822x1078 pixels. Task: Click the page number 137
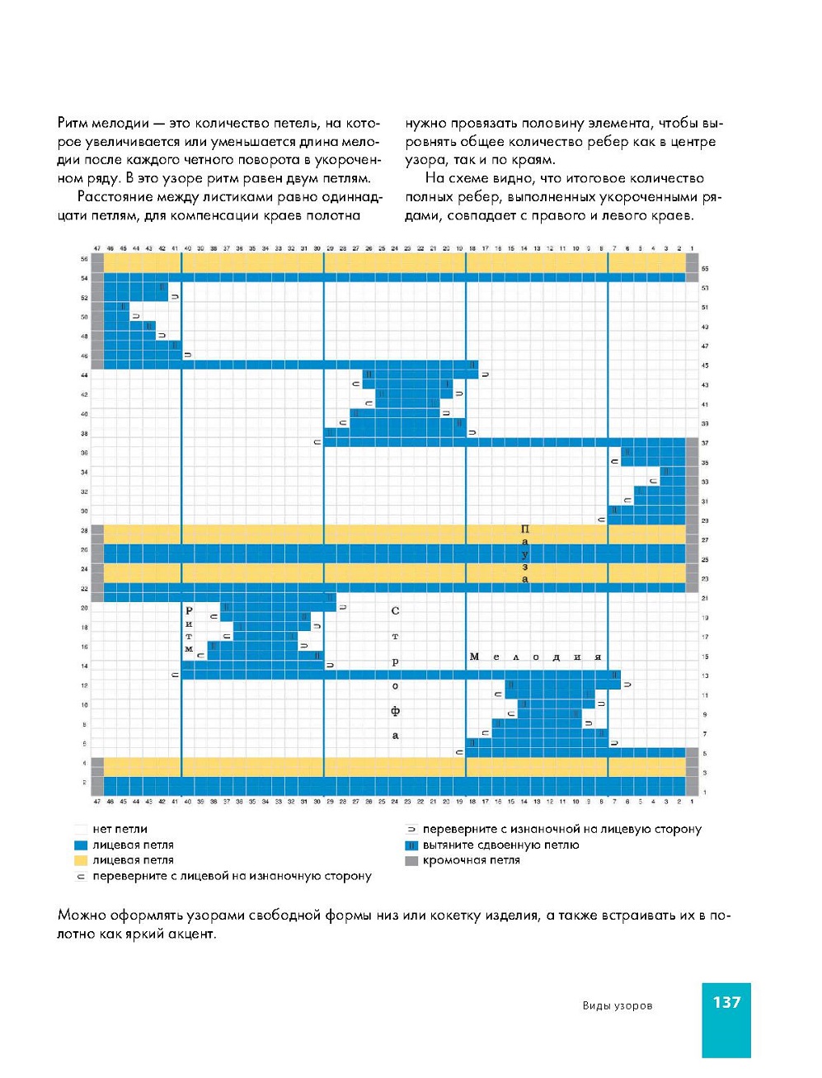tap(726, 1002)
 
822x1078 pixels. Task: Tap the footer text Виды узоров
tap(617, 1005)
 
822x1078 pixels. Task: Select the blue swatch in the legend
tap(80, 845)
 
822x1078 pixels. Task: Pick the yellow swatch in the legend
tap(80, 860)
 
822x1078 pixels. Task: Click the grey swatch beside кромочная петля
tap(411, 861)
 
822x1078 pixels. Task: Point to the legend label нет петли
tap(120, 829)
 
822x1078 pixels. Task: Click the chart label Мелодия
tap(535, 657)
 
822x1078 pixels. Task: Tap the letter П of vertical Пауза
tap(525, 529)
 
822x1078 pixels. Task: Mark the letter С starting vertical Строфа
tap(395, 611)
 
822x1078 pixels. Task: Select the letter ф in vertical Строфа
tap(395, 711)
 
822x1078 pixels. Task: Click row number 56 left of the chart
tap(84, 259)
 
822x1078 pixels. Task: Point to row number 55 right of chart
tap(705, 269)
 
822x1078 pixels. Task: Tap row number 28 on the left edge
tap(84, 530)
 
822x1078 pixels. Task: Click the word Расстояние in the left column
tap(117, 197)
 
